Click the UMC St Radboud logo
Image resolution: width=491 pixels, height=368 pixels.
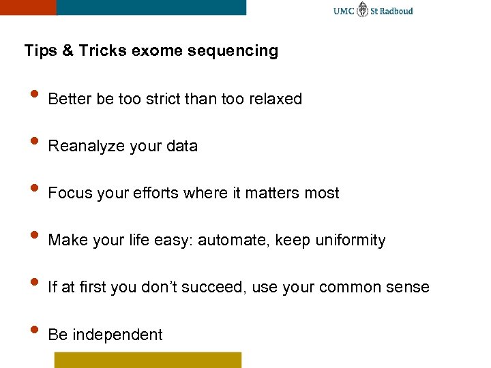coord(373,11)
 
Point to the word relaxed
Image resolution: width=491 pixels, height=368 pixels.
coord(276,99)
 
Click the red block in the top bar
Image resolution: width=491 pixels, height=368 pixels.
coord(27,7)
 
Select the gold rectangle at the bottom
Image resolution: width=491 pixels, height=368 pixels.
coord(148,360)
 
